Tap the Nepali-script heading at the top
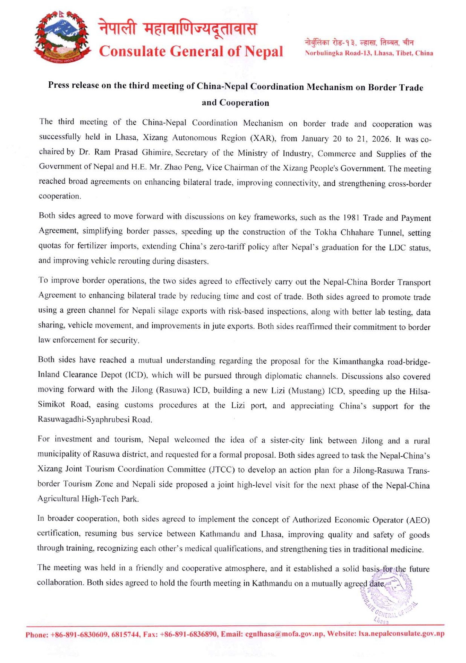pos(178,29)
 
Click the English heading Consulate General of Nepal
pos(191,51)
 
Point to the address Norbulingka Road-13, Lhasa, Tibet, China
pos(369,53)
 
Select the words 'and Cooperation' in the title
pos(235,103)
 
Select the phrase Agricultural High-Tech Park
pos(88,499)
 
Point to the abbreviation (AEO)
pos(417,520)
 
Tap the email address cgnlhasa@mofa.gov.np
pos(284,634)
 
